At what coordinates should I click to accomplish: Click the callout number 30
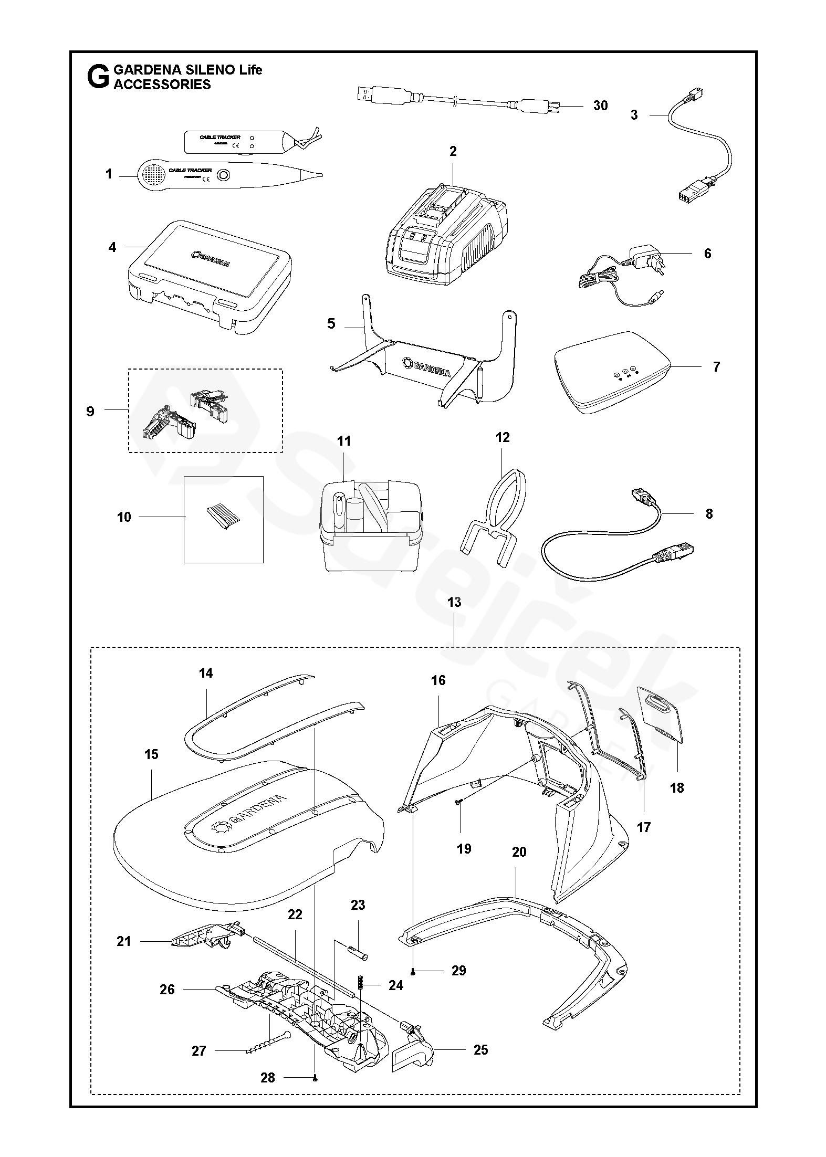pyautogui.click(x=600, y=106)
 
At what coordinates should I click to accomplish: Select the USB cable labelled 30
pyautogui.click(x=457, y=102)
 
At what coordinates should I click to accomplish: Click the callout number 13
pyautogui.click(x=454, y=602)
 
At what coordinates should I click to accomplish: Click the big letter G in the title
pyautogui.click(x=98, y=77)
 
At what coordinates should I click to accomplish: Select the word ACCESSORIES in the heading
pyautogui.click(x=162, y=85)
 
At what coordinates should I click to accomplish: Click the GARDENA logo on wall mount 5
pyautogui.click(x=425, y=367)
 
